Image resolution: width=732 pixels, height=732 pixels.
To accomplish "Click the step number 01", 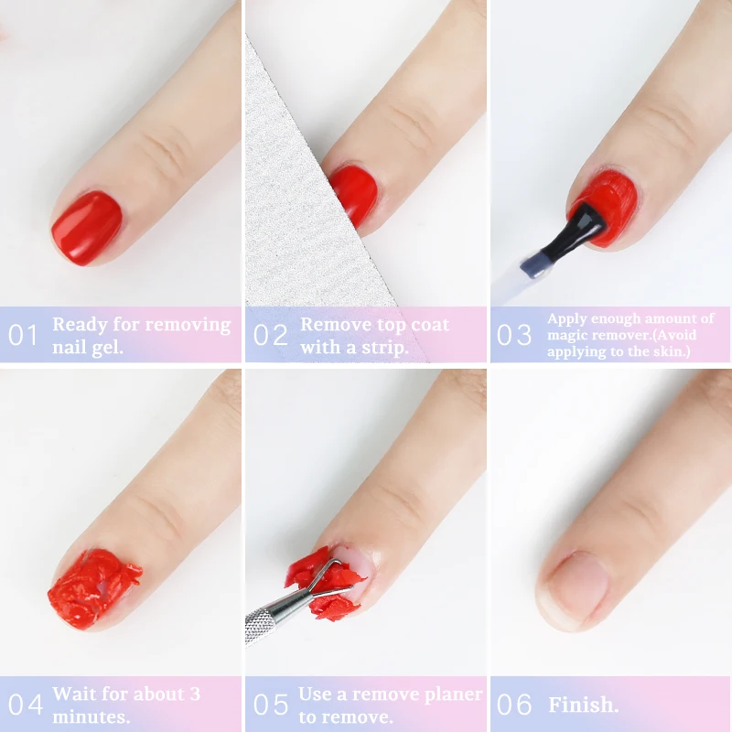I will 24,335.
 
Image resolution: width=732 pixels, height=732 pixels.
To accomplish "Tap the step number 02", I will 271,335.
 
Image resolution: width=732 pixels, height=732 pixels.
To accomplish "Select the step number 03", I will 514,335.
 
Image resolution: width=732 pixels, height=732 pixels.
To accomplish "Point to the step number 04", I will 26,705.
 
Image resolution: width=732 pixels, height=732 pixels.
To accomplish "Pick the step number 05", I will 270,705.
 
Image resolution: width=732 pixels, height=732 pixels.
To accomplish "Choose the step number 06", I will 514,705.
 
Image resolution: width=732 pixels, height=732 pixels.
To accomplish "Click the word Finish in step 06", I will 583,705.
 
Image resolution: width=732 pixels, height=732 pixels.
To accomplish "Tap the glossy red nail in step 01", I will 87,226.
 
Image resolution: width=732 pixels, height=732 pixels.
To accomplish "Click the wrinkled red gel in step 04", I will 94,588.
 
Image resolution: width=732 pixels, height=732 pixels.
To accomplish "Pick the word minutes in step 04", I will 91,716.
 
